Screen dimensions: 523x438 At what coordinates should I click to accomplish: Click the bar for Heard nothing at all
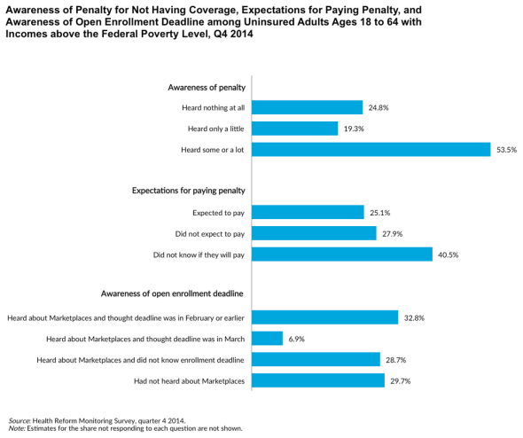(308, 107)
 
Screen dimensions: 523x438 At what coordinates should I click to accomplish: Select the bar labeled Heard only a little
(295, 129)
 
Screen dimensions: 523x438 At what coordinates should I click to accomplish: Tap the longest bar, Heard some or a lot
(371, 150)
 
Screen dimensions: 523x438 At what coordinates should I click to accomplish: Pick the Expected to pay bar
(308, 212)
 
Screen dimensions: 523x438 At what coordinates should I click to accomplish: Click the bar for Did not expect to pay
(314, 233)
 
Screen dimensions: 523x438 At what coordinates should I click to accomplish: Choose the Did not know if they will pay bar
(342, 254)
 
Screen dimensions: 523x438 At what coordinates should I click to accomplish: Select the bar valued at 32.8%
(324, 317)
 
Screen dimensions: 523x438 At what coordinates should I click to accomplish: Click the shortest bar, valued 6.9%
(267, 339)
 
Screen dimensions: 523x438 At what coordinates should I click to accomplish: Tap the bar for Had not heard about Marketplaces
(318, 380)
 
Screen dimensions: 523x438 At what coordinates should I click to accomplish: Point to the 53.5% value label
(506, 150)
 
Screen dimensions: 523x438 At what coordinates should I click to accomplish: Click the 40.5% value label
(448, 254)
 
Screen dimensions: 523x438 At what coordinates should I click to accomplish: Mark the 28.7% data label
(396, 360)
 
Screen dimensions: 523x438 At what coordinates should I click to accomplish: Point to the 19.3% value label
(354, 129)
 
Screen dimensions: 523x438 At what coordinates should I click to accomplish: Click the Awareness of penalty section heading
(207, 88)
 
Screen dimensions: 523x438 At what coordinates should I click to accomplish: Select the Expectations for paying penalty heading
(189, 191)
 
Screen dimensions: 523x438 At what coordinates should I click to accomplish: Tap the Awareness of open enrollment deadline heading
(172, 293)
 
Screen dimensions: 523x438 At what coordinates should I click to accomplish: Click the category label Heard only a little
(215, 129)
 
